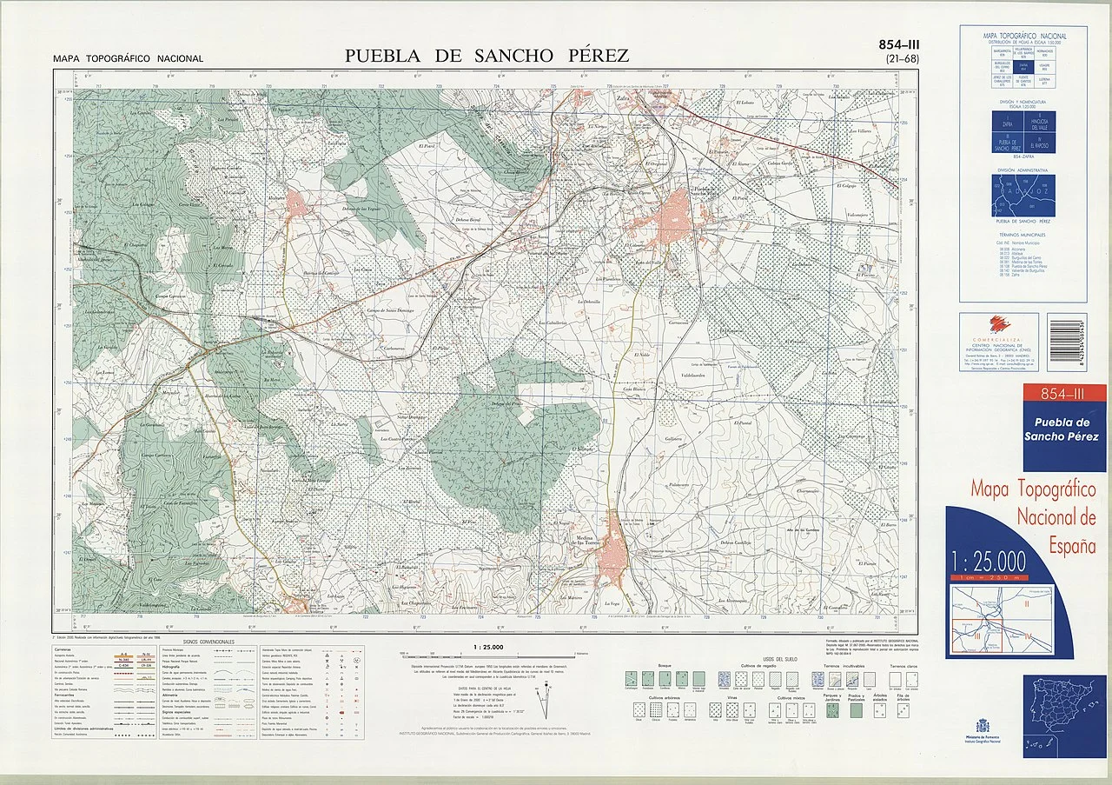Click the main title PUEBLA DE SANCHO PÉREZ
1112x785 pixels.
(x=486, y=57)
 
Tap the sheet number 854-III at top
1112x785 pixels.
(x=902, y=45)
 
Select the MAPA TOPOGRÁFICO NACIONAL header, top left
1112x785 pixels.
(x=128, y=59)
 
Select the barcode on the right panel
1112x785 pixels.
(x=1077, y=342)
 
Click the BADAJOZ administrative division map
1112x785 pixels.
(x=1024, y=196)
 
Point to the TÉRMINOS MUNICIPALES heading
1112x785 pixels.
(x=1022, y=235)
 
